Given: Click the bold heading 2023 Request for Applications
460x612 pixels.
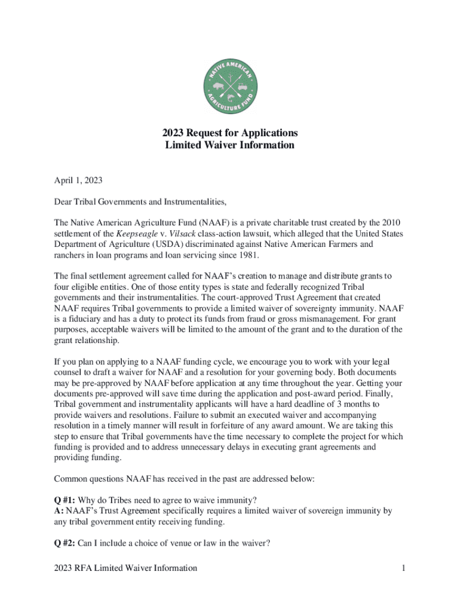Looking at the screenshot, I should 230,133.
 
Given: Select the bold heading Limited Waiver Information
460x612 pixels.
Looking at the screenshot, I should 230,145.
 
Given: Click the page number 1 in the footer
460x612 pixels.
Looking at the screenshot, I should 404,568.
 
